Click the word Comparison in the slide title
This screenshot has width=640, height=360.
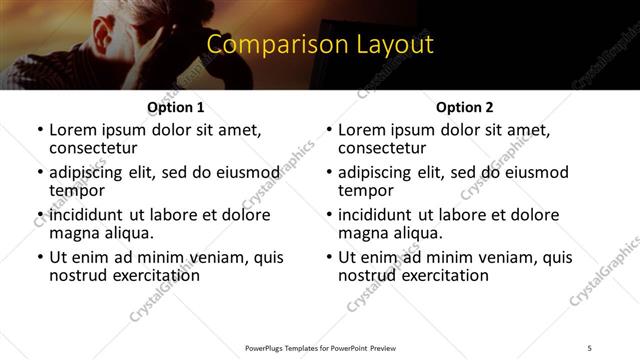tap(264, 46)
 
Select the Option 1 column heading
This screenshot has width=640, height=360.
tap(176, 107)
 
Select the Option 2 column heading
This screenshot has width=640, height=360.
tap(465, 107)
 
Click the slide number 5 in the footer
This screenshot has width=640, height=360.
tap(590, 347)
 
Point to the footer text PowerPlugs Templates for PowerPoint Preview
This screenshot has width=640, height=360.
tap(319, 347)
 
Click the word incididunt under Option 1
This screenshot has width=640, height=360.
tap(86, 215)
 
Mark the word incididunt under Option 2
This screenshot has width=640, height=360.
tap(375, 215)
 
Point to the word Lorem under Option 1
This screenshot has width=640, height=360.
tap(73, 130)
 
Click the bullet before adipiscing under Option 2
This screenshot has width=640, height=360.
tap(328, 173)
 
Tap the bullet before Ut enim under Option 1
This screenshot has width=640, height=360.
tap(39, 258)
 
